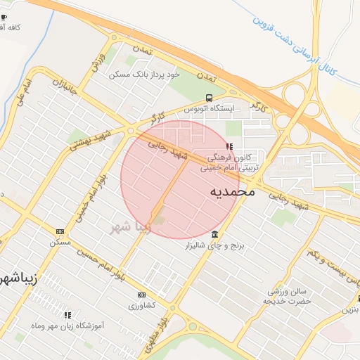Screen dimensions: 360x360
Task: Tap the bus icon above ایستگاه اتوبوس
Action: coord(208,98)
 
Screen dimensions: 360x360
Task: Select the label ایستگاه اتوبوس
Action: coord(208,109)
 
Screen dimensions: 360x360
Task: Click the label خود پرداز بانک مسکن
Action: coord(145,72)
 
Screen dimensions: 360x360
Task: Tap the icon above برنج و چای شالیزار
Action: coord(214,234)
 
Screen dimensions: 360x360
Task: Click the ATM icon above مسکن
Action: coord(60,231)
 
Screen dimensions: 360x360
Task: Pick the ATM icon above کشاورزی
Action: coord(142,295)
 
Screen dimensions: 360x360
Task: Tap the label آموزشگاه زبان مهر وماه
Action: coord(70,326)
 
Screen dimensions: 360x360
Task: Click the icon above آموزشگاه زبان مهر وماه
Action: coord(68,315)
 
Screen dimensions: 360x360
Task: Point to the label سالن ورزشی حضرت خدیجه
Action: coord(287,295)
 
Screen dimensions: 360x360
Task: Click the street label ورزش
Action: coord(98,60)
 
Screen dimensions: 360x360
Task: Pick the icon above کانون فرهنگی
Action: coord(229,146)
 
